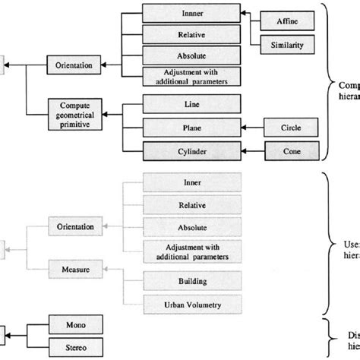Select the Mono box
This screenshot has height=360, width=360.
pos(74,324)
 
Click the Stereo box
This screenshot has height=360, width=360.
pos(74,348)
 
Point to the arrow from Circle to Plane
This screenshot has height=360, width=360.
pos(251,127)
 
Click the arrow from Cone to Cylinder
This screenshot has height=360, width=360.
pos(251,151)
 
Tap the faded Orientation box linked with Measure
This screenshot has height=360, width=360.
pos(74,227)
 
